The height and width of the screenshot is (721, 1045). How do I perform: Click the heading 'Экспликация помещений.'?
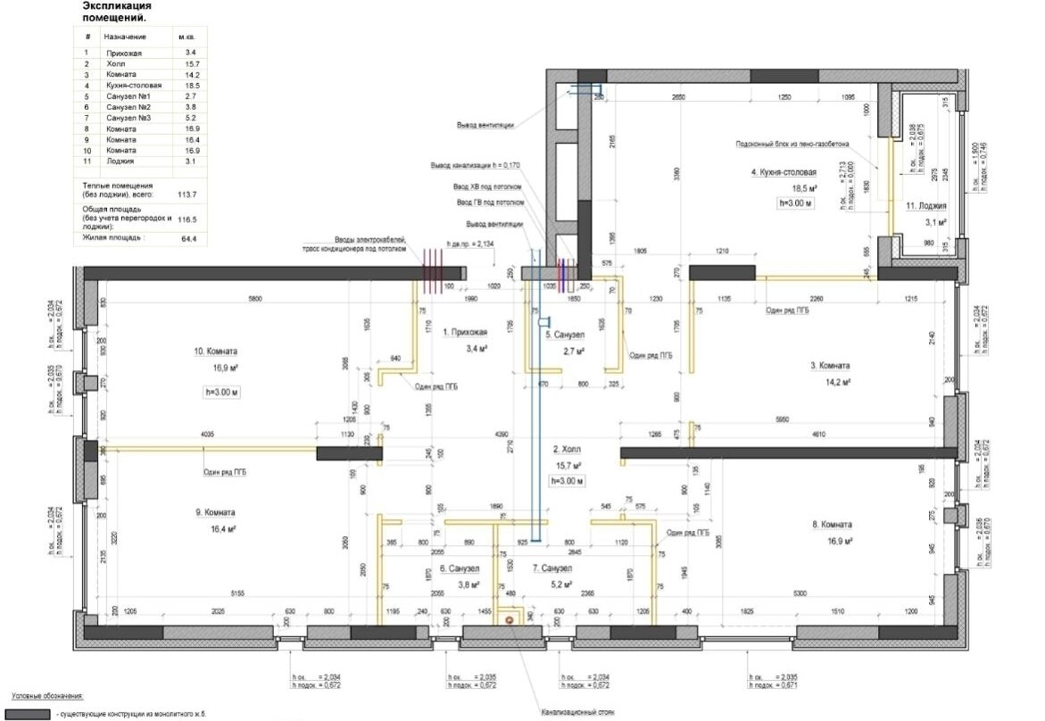click(116, 12)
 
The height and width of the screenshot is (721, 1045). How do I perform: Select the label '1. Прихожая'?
click(467, 332)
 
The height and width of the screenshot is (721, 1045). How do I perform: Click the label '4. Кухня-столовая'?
click(784, 172)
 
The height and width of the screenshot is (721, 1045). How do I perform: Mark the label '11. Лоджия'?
click(925, 206)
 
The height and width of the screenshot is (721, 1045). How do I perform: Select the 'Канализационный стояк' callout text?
click(577, 713)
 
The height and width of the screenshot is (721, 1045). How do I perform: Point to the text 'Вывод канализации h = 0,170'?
click(475, 165)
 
